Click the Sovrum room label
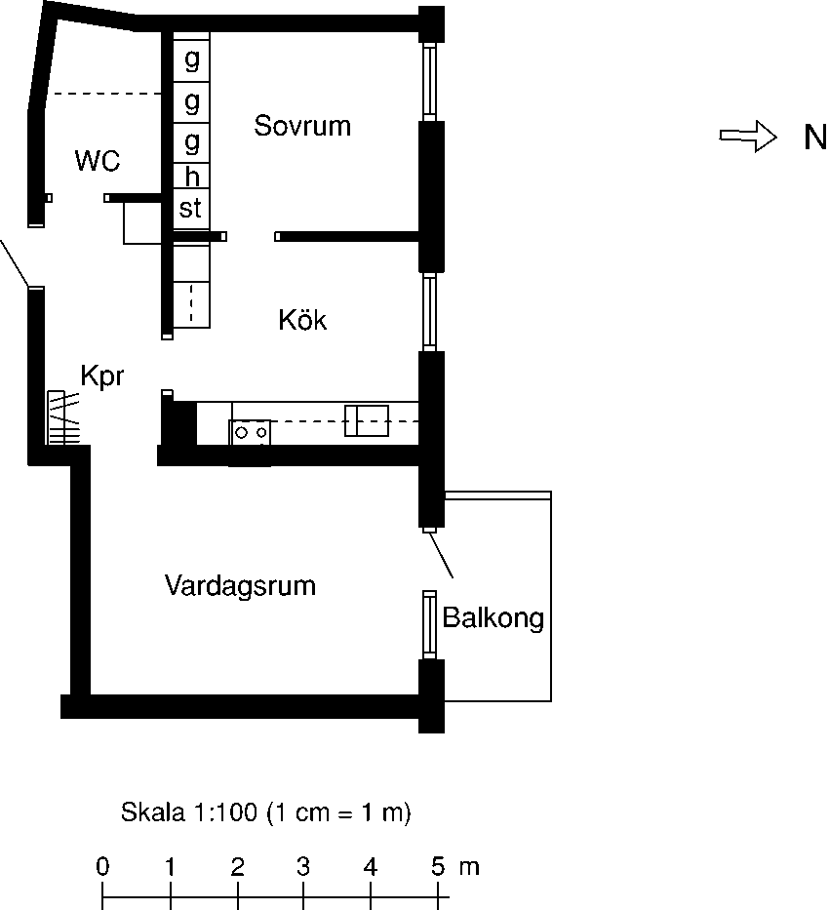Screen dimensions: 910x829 302,126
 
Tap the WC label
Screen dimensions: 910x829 98,161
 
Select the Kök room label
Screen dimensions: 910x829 302,320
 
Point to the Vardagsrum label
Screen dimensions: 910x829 240,586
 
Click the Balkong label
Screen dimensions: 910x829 493,618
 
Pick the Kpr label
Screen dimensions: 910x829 102,376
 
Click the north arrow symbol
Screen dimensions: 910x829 747,138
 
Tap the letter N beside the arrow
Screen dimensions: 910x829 814,138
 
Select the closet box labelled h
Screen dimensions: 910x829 191,177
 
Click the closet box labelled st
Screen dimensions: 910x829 191,208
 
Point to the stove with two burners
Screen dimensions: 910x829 250,431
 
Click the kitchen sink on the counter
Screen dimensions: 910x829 367,421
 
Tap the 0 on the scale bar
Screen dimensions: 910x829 102,866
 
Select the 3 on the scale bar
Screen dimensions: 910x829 303,866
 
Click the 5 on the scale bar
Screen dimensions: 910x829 438,866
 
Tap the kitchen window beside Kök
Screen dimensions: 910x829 428,312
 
